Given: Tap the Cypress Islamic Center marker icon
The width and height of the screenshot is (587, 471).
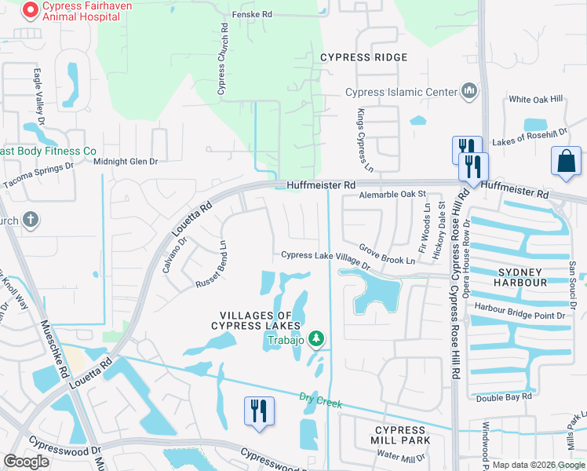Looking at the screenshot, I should [x=470, y=92].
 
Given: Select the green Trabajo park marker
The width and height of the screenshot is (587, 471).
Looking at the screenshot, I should [x=316, y=339].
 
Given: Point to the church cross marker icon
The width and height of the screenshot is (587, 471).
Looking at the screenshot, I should [x=31, y=220].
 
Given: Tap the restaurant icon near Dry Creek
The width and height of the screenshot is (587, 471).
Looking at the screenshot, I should [x=260, y=411].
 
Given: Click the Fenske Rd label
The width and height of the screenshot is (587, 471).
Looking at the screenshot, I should [x=252, y=15].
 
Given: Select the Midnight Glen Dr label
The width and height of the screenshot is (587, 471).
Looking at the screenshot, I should [x=126, y=162].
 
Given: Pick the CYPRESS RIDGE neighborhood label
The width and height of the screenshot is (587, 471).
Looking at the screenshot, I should [x=363, y=57].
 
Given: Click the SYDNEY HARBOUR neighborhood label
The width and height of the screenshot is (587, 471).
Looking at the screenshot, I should [x=521, y=276].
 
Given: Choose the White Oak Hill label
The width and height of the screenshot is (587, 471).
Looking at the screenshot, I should [x=536, y=100].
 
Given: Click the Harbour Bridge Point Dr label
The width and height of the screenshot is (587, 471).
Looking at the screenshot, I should [x=520, y=316].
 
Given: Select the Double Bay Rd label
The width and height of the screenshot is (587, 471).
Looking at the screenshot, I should [x=504, y=396].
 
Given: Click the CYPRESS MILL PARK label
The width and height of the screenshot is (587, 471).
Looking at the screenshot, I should [x=400, y=435].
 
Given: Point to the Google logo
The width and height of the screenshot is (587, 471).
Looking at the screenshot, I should [x=26, y=462].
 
